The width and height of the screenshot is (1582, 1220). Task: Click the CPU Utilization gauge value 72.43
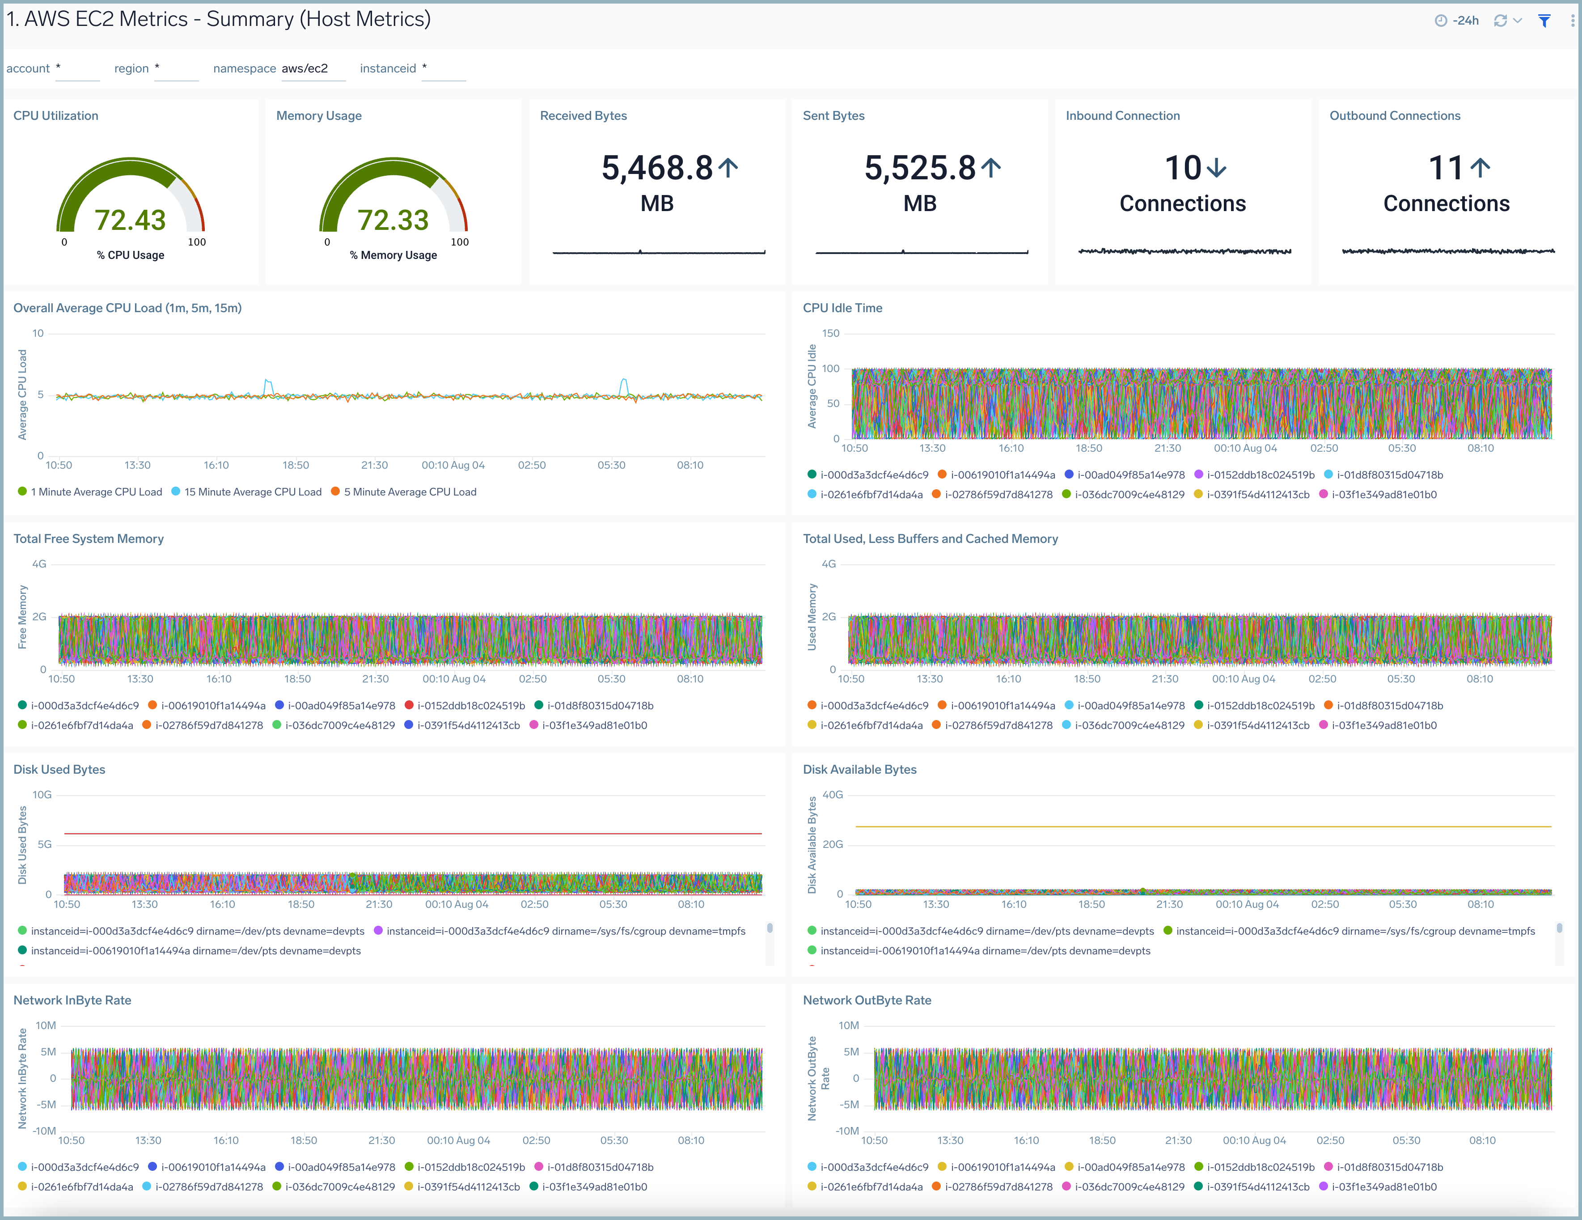point(131,220)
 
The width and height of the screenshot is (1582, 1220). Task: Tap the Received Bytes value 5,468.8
point(657,168)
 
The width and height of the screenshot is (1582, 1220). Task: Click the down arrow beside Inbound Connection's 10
point(1217,168)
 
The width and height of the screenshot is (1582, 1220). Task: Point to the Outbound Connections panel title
point(1394,116)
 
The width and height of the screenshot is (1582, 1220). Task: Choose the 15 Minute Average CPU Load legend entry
point(252,492)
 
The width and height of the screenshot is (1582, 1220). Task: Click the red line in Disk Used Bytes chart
point(413,834)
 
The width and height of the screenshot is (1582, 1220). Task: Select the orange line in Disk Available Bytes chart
point(1202,826)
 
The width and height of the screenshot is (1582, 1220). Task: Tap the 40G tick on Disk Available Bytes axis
point(832,795)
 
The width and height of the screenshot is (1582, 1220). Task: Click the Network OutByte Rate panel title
point(867,1000)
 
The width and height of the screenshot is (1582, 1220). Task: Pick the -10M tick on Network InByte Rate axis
point(44,1131)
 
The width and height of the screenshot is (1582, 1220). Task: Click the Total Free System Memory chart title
point(89,539)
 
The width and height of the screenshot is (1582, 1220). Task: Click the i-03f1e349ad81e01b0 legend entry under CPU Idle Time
point(1383,495)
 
